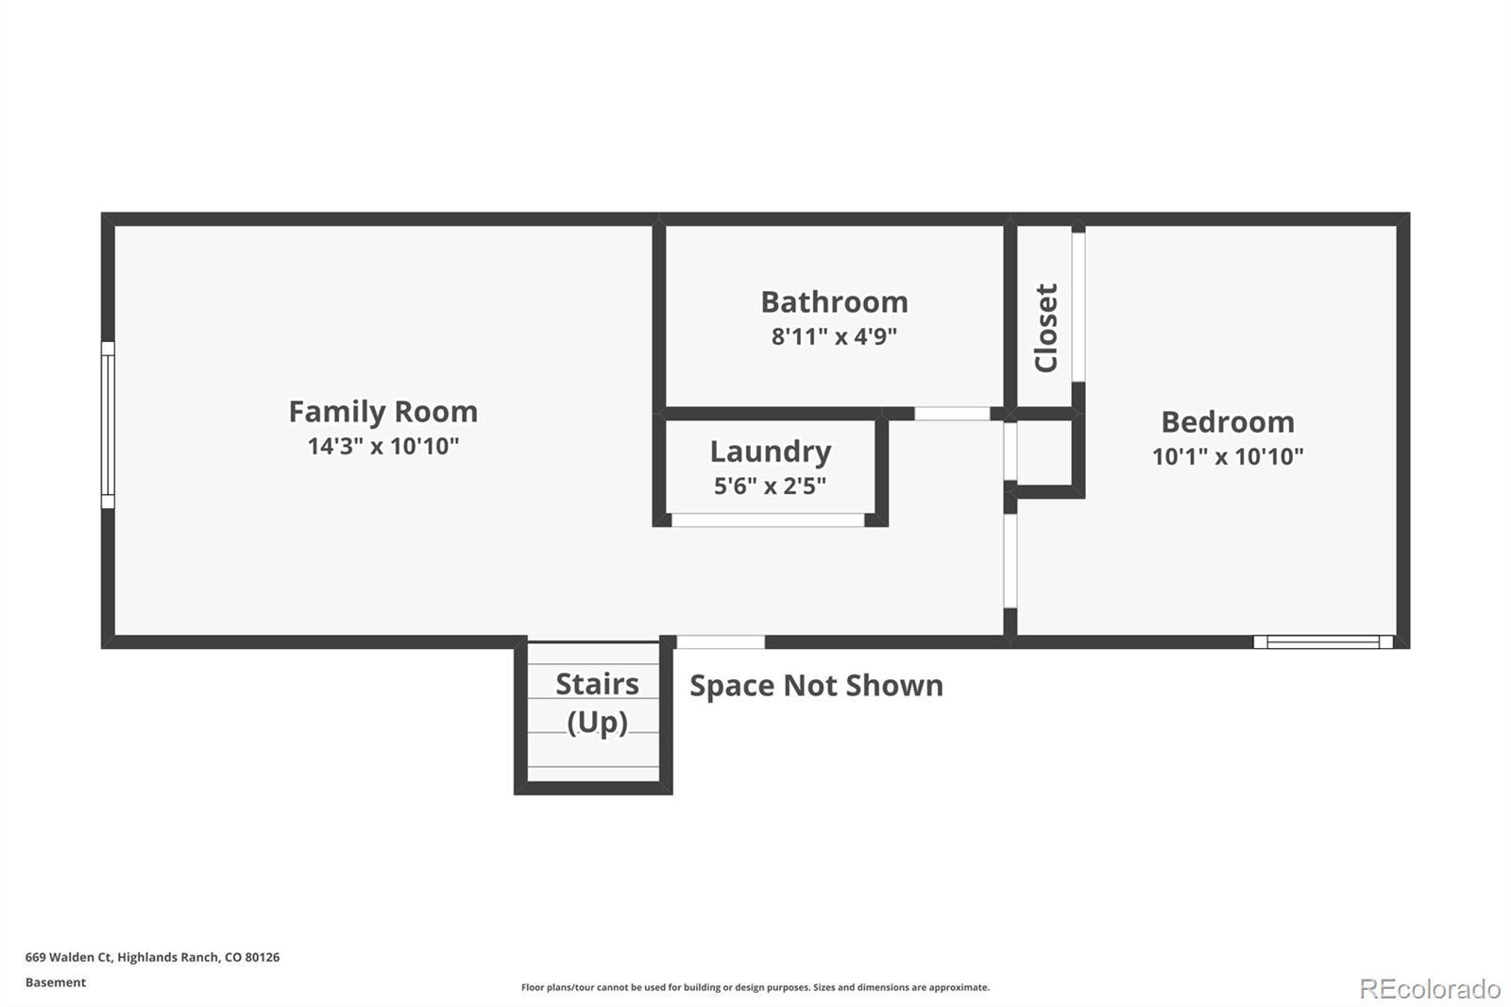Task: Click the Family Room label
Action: click(383, 412)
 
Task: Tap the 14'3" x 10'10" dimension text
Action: click(383, 446)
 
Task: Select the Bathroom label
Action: click(835, 301)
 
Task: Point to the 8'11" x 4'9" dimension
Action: click(835, 336)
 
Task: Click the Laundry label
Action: click(771, 452)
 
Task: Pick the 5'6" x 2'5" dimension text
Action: click(771, 486)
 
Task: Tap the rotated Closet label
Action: click(1046, 328)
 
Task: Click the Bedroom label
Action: click(1228, 422)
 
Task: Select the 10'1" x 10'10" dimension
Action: click(1228, 457)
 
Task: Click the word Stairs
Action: click(597, 684)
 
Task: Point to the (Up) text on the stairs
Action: click(598, 723)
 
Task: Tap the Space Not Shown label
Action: click(816, 686)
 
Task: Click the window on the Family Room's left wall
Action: click(108, 424)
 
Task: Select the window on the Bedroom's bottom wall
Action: click(1323, 641)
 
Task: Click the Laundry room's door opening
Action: click(768, 520)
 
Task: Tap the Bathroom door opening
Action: click(952, 414)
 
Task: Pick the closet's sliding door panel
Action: click(1078, 307)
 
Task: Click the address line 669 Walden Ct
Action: click(152, 957)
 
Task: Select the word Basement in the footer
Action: click(56, 982)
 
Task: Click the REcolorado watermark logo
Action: click(1430, 989)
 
